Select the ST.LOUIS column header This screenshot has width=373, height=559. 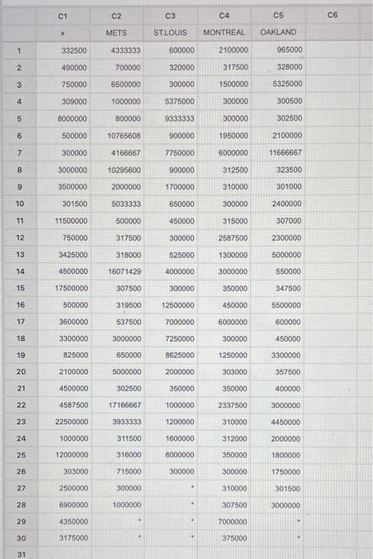(170, 32)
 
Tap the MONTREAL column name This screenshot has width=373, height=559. (224, 32)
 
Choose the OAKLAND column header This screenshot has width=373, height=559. (278, 32)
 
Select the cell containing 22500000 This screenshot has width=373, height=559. (71, 421)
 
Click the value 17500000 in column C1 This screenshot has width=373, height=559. (71, 287)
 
